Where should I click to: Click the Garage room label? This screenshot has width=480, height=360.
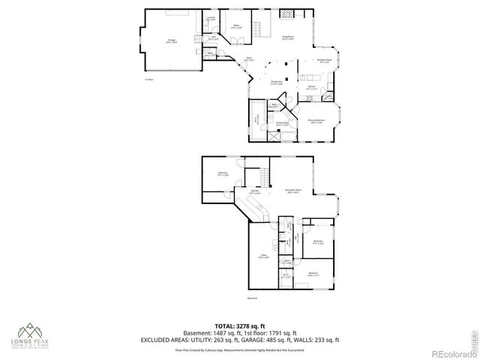(171, 42)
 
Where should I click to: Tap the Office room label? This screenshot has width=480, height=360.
(236, 27)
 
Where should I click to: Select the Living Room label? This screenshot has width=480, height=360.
(287, 37)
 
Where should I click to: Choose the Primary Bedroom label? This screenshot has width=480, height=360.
(316, 121)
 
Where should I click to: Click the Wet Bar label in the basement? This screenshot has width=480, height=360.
(256, 192)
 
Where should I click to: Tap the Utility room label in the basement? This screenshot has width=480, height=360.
(262, 256)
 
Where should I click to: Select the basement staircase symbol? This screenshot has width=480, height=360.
(264, 177)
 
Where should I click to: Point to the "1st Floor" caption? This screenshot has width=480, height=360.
(150, 79)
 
